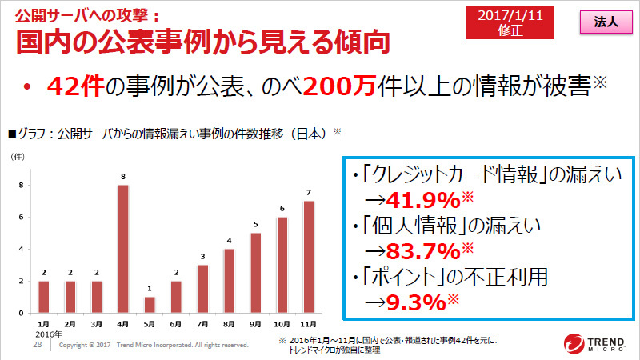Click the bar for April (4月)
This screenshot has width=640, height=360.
point(123,249)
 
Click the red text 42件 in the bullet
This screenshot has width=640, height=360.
point(75,86)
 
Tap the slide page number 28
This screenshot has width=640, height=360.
point(37,344)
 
